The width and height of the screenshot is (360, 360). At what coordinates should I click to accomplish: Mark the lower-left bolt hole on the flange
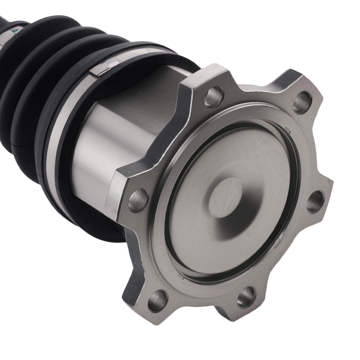157,301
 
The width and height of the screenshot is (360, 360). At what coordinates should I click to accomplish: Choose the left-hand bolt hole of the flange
138,200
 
